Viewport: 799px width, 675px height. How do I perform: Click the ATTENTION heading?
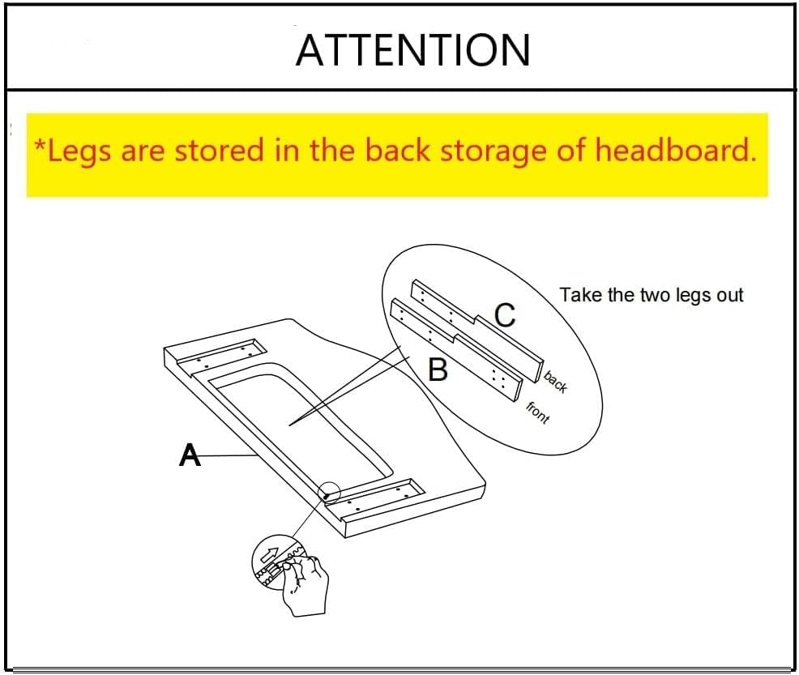coord(412,50)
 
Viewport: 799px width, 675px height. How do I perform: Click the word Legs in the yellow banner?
coord(79,152)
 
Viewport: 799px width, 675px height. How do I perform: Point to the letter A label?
coord(190,455)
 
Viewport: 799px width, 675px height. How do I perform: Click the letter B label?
coord(438,370)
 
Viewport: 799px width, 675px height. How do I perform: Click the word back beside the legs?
coord(555,382)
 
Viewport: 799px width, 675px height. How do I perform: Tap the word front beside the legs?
coord(538,412)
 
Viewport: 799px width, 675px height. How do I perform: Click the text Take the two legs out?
coord(652,295)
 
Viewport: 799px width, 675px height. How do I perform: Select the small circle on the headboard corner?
coord(329,492)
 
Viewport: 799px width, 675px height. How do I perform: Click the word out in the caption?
coord(730,296)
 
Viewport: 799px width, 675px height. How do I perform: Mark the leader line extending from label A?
coord(228,455)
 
